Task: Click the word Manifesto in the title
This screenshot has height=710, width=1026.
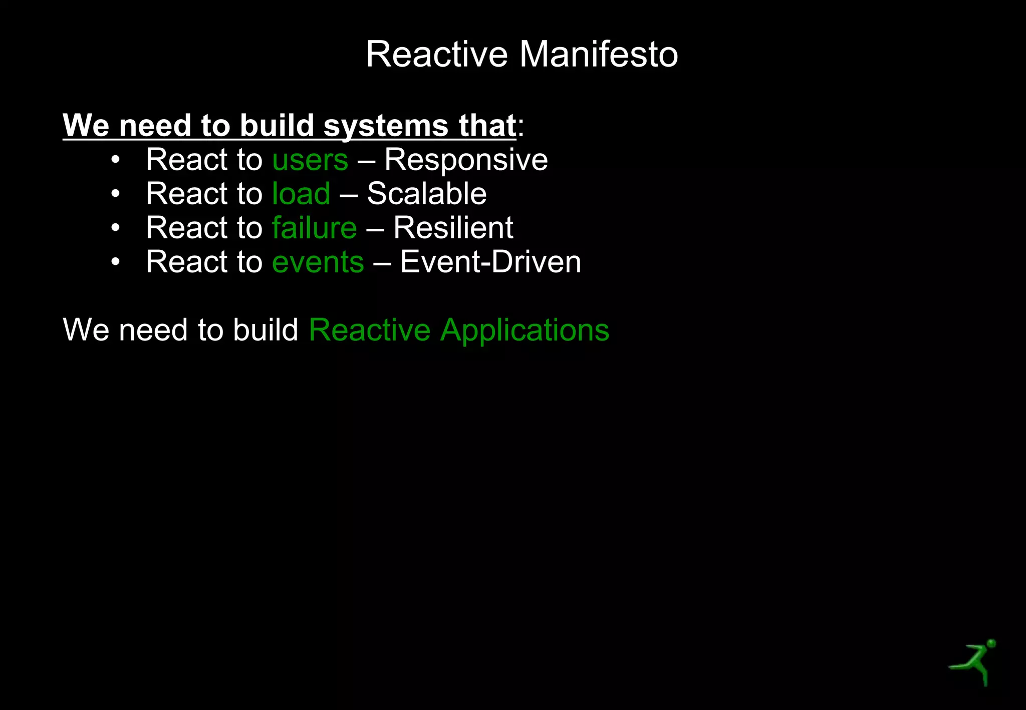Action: [599, 54]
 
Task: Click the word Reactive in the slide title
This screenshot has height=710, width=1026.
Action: [437, 54]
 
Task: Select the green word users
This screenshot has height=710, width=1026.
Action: [310, 160]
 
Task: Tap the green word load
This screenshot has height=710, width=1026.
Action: [301, 194]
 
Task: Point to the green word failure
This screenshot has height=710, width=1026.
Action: [314, 228]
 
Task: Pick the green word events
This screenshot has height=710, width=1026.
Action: [318, 262]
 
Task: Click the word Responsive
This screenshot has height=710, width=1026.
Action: [466, 160]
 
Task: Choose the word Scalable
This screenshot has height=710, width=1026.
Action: [426, 194]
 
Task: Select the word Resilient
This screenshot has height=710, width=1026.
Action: [453, 228]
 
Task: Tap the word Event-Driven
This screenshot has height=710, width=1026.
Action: [490, 262]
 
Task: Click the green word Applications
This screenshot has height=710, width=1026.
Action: [525, 330]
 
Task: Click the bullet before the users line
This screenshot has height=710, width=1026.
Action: [116, 160]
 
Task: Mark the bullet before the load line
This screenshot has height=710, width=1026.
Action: [116, 194]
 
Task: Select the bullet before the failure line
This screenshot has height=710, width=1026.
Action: [116, 228]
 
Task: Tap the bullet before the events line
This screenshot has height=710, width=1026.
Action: [116, 262]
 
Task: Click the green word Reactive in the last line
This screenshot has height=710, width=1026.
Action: [369, 330]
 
